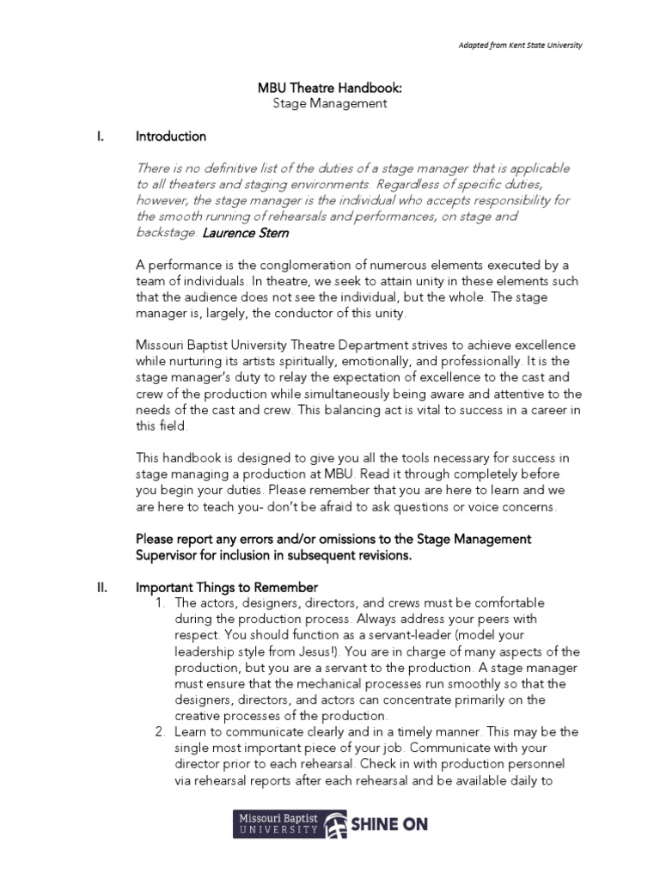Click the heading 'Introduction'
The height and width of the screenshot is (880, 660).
[171, 136]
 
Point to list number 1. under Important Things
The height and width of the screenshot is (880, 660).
[161, 603]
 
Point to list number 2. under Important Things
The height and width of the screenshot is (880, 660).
[161, 732]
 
